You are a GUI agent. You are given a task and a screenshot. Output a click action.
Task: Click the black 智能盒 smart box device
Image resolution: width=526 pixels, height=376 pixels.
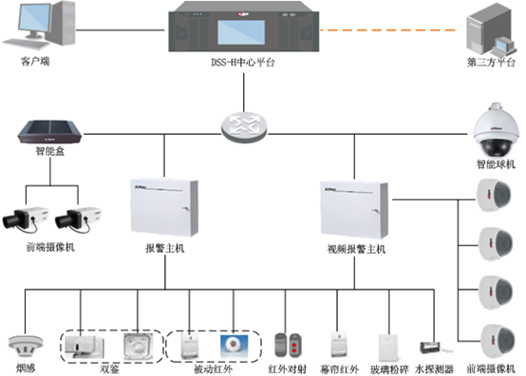pos(47,131)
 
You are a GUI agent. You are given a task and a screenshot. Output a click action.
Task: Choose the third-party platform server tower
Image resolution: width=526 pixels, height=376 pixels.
pos(488,30)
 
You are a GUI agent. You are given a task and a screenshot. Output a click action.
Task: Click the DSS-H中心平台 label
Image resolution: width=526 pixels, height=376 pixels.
pos(242,64)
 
